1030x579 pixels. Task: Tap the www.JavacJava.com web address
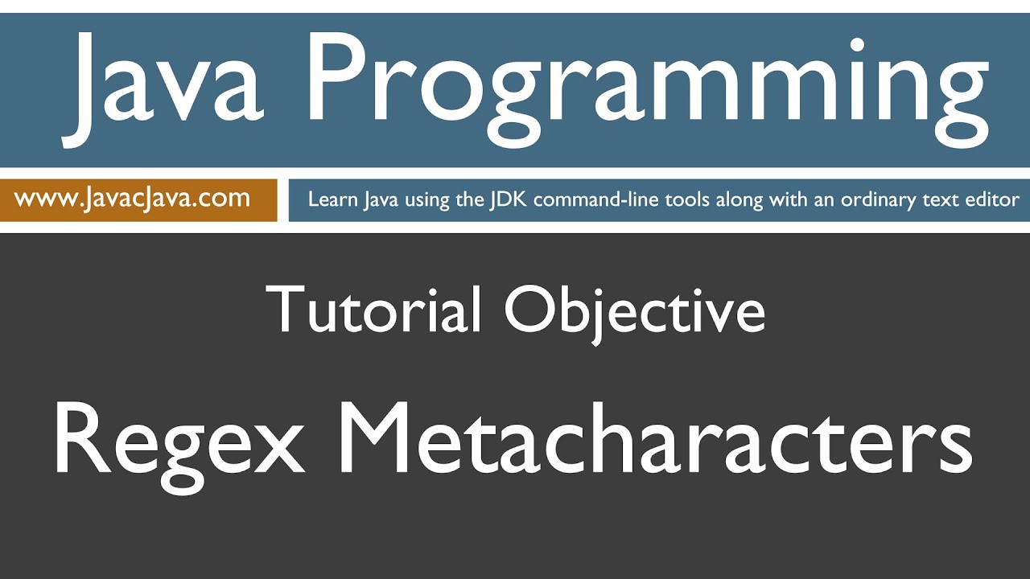click(132, 198)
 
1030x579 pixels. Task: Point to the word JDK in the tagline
click(509, 199)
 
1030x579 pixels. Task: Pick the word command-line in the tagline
click(595, 199)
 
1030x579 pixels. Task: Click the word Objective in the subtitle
click(635, 310)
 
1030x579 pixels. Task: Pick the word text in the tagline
click(941, 199)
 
